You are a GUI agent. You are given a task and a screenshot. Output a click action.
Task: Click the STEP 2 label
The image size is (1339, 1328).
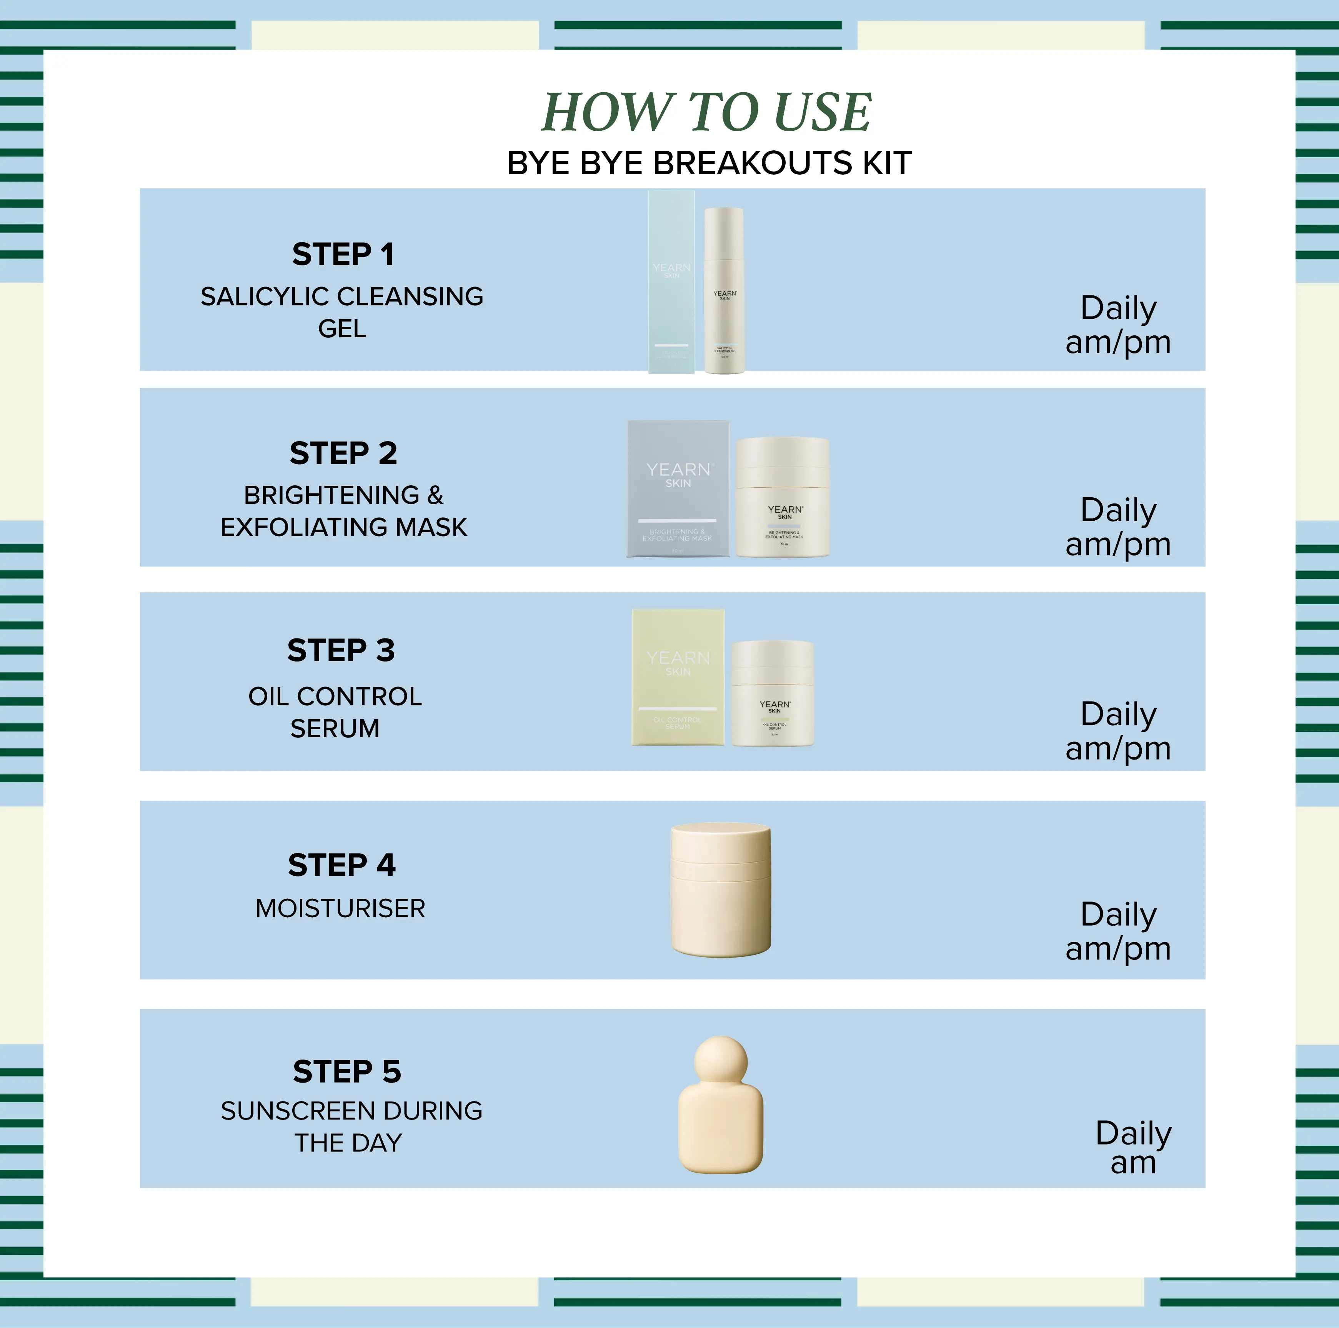pyautogui.click(x=343, y=453)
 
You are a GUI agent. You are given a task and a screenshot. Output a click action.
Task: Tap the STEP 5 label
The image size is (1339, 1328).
pyautogui.click(x=346, y=1071)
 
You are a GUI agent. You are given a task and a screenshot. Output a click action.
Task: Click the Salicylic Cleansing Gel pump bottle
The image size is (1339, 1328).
pyautogui.click(x=724, y=291)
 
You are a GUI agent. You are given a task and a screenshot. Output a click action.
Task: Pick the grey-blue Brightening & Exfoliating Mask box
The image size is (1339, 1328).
pyautogui.click(x=678, y=489)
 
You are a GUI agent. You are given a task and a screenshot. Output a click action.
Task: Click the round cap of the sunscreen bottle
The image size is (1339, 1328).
pyautogui.click(x=721, y=1060)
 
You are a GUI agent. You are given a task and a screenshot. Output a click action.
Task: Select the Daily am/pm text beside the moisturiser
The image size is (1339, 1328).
pyautogui.click(x=1118, y=931)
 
